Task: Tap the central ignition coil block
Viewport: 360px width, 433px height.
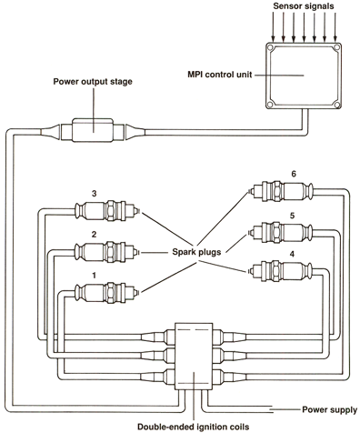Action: (x=193, y=355)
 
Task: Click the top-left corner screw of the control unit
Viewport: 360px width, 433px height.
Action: (x=270, y=48)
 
